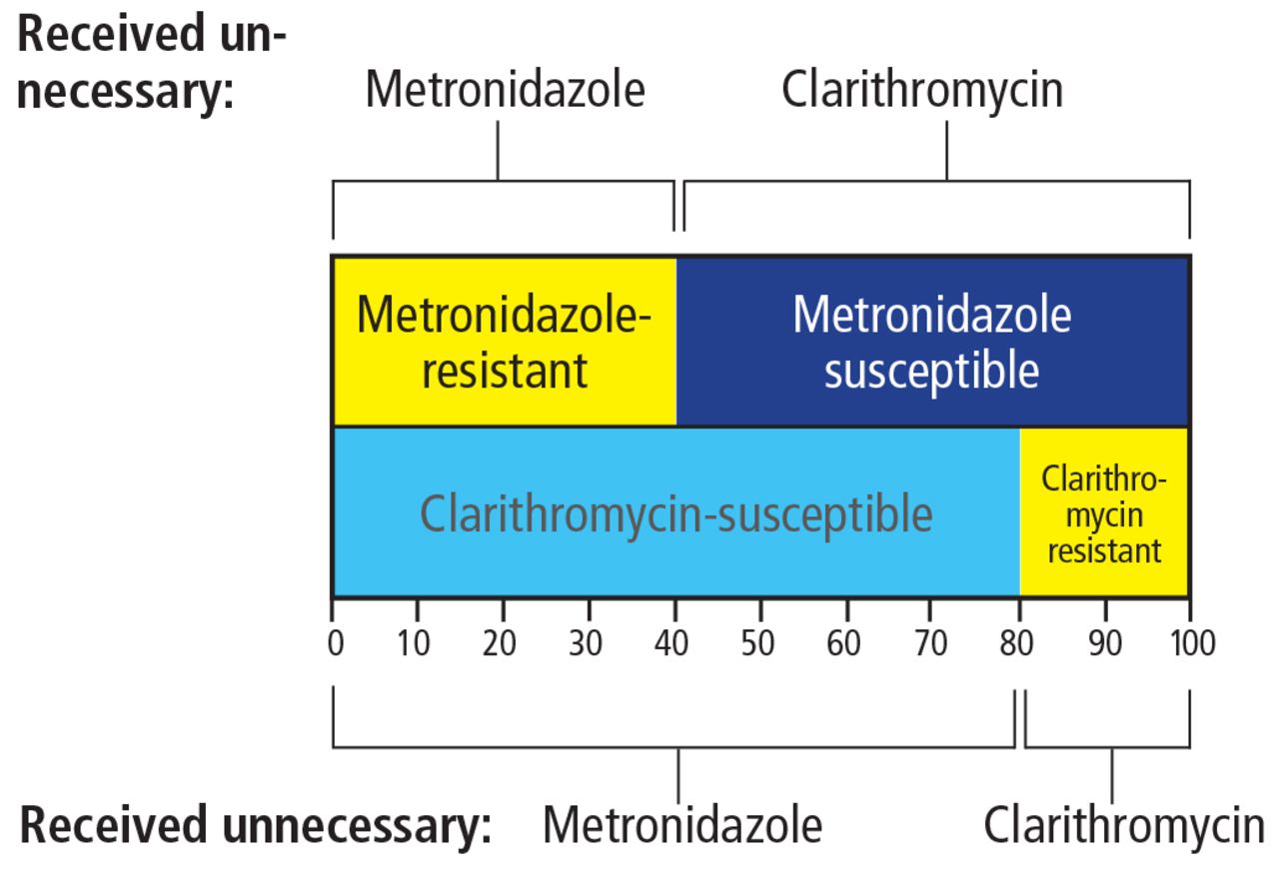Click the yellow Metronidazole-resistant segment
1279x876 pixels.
tap(505, 342)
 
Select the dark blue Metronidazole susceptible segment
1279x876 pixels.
tap(932, 342)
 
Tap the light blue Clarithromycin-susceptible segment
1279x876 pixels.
tap(676, 511)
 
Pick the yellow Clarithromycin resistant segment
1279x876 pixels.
tap(1104, 511)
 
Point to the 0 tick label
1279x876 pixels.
tap(336, 643)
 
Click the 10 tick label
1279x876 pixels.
tap(413, 643)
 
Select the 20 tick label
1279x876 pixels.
tap(499, 643)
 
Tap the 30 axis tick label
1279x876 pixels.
tap(586, 643)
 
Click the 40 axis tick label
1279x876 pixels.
tap(671, 643)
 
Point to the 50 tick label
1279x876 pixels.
tap(757, 643)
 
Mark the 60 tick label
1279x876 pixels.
tap(843, 643)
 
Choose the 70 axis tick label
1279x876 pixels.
tap(930, 643)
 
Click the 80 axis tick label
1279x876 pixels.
tap(1016, 643)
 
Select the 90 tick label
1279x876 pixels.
tap(1105, 643)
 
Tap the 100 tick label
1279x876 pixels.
tap(1193, 643)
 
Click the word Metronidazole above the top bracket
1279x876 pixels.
tap(506, 90)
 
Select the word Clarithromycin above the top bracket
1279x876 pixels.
tap(922, 91)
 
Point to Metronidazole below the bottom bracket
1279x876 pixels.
tap(682, 825)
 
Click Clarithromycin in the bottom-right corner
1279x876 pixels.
tap(1124, 827)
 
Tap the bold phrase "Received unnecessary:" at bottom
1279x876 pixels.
tap(255, 827)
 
